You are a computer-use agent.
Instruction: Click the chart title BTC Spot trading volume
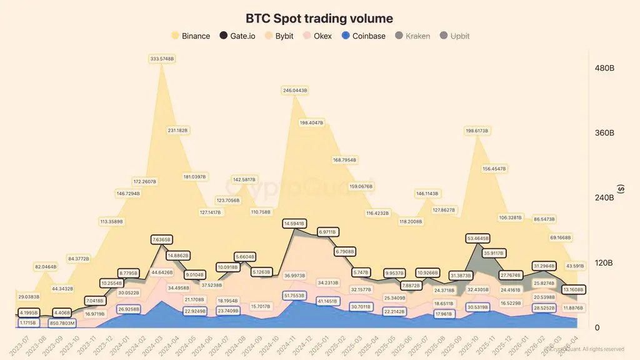(x=319, y=19)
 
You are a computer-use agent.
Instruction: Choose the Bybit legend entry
(x=279, y=36)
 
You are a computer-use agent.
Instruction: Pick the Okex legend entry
(x=317, y=36)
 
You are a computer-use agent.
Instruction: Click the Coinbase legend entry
(x=365, y=36)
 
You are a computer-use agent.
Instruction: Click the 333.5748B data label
(x=162, y=59)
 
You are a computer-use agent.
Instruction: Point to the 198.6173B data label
(x=477, y=131)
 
